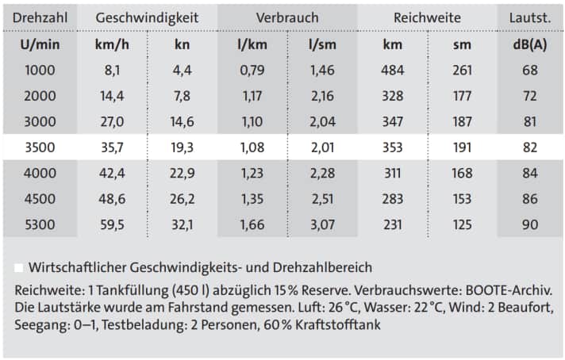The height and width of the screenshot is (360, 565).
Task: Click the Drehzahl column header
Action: click(40, 17)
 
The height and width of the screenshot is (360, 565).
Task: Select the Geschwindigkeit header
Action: click(147, 17)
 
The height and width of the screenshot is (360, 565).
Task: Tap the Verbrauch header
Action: click(287, 17)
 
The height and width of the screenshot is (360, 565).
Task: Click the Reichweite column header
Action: click(426, 17)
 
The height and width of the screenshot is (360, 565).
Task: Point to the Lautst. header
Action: click(530, 17)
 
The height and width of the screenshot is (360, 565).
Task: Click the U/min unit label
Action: click(40, 44)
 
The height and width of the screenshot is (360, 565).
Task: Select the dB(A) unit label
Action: click(530, 44)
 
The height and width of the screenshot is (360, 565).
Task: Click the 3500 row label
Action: click(40, 147)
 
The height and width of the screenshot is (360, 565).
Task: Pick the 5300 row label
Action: click(40, 224)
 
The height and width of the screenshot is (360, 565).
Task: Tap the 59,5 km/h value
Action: click(111, 224)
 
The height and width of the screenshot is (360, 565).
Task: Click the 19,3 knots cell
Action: click(182, 147)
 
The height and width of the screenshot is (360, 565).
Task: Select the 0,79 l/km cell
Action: click(252, 71)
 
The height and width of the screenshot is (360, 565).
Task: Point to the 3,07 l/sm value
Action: click(322, 224)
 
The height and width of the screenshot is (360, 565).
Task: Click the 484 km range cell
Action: click(392, 71)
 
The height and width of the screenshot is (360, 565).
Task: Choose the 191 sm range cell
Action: click(462, 147)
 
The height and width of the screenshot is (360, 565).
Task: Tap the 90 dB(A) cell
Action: click(530, 224)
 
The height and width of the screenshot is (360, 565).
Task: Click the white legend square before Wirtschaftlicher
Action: click(19, 267)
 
